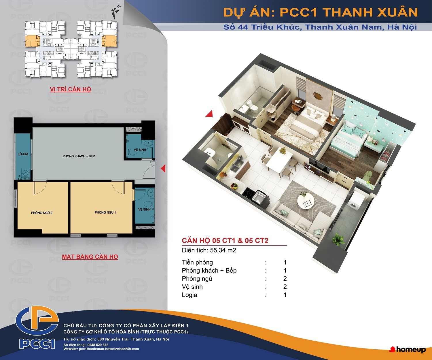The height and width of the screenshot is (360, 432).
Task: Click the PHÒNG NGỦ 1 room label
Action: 105,212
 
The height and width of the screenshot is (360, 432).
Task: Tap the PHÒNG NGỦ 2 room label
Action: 41,213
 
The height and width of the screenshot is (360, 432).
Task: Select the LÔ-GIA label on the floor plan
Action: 23,154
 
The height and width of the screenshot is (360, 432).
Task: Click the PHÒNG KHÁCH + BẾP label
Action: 79,156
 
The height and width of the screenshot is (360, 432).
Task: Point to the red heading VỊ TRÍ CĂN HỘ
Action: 70,89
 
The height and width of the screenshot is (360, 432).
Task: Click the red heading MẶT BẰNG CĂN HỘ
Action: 90,257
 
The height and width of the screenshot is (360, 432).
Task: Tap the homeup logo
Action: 408,349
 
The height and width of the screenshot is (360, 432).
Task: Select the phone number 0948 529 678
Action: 98,345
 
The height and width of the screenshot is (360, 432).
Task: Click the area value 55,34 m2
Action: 223,250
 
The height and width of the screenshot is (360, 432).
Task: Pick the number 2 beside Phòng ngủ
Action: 285,279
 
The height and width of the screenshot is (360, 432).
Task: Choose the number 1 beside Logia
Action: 285,295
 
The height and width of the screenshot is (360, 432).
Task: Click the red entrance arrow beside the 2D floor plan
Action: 163,169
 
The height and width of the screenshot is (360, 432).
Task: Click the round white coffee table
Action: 306,201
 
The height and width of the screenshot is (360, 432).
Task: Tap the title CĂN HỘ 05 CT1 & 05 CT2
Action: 225,240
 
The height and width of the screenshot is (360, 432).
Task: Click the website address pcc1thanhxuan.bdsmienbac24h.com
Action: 109,349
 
